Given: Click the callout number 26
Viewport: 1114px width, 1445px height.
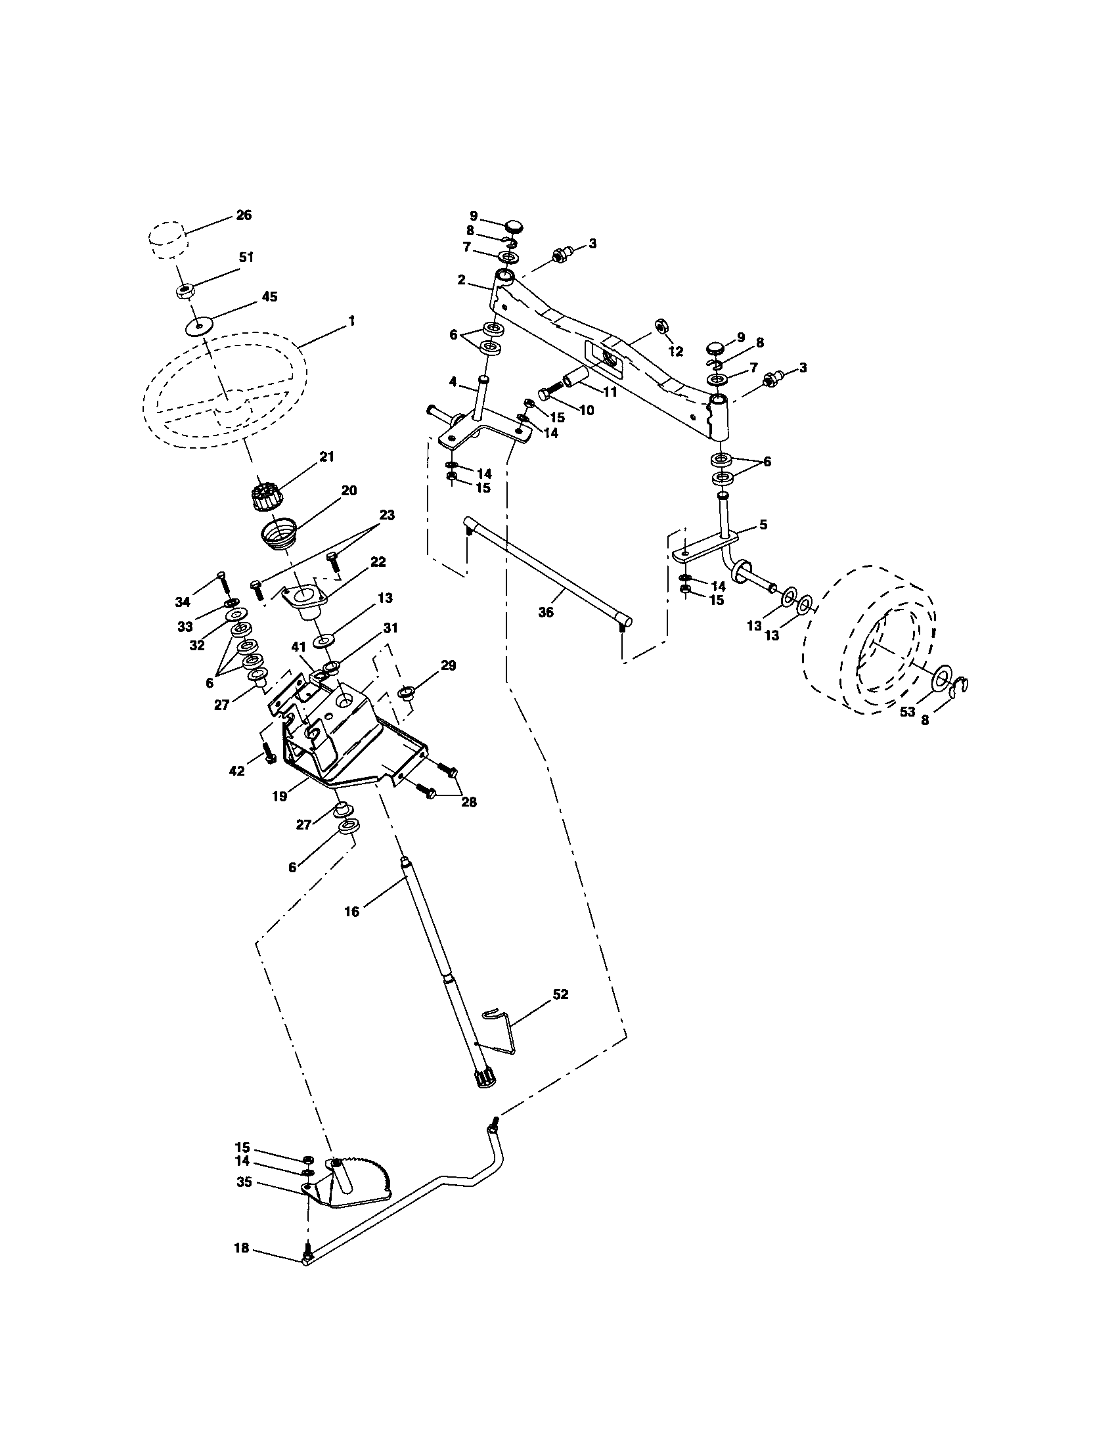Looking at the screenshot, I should [244, 215].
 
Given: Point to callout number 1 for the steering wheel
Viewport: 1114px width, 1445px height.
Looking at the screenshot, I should [351, 321].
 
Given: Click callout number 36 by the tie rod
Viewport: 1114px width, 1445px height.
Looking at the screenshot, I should [545, 613].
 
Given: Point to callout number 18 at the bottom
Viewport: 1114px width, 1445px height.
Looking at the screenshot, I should [242, 1248].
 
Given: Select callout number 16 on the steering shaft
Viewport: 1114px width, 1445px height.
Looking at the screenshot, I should [351, 912].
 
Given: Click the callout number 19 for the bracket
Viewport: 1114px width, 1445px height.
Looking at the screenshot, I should [280, 797].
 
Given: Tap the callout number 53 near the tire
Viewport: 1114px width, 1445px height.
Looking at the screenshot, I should [907, 711].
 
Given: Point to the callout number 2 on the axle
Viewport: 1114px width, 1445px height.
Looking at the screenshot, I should [461, 280].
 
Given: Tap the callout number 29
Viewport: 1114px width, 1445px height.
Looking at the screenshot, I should [448, 665].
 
